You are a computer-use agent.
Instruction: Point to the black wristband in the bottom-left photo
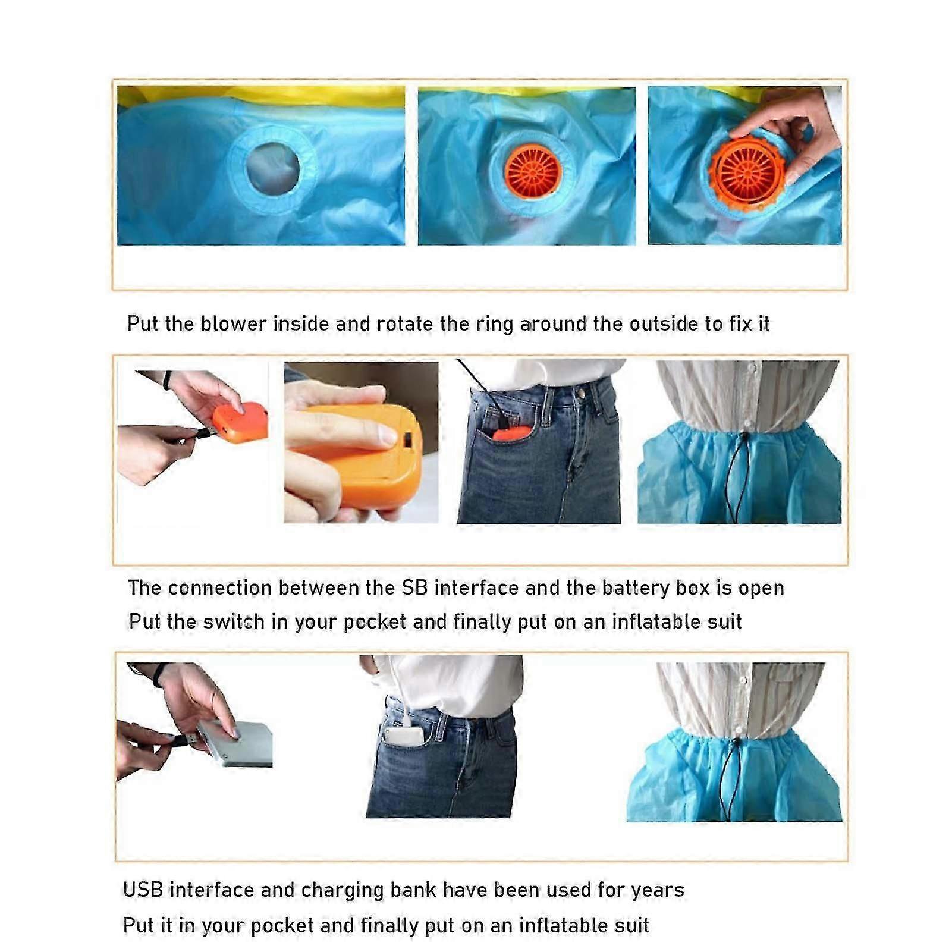coord(158,675)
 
